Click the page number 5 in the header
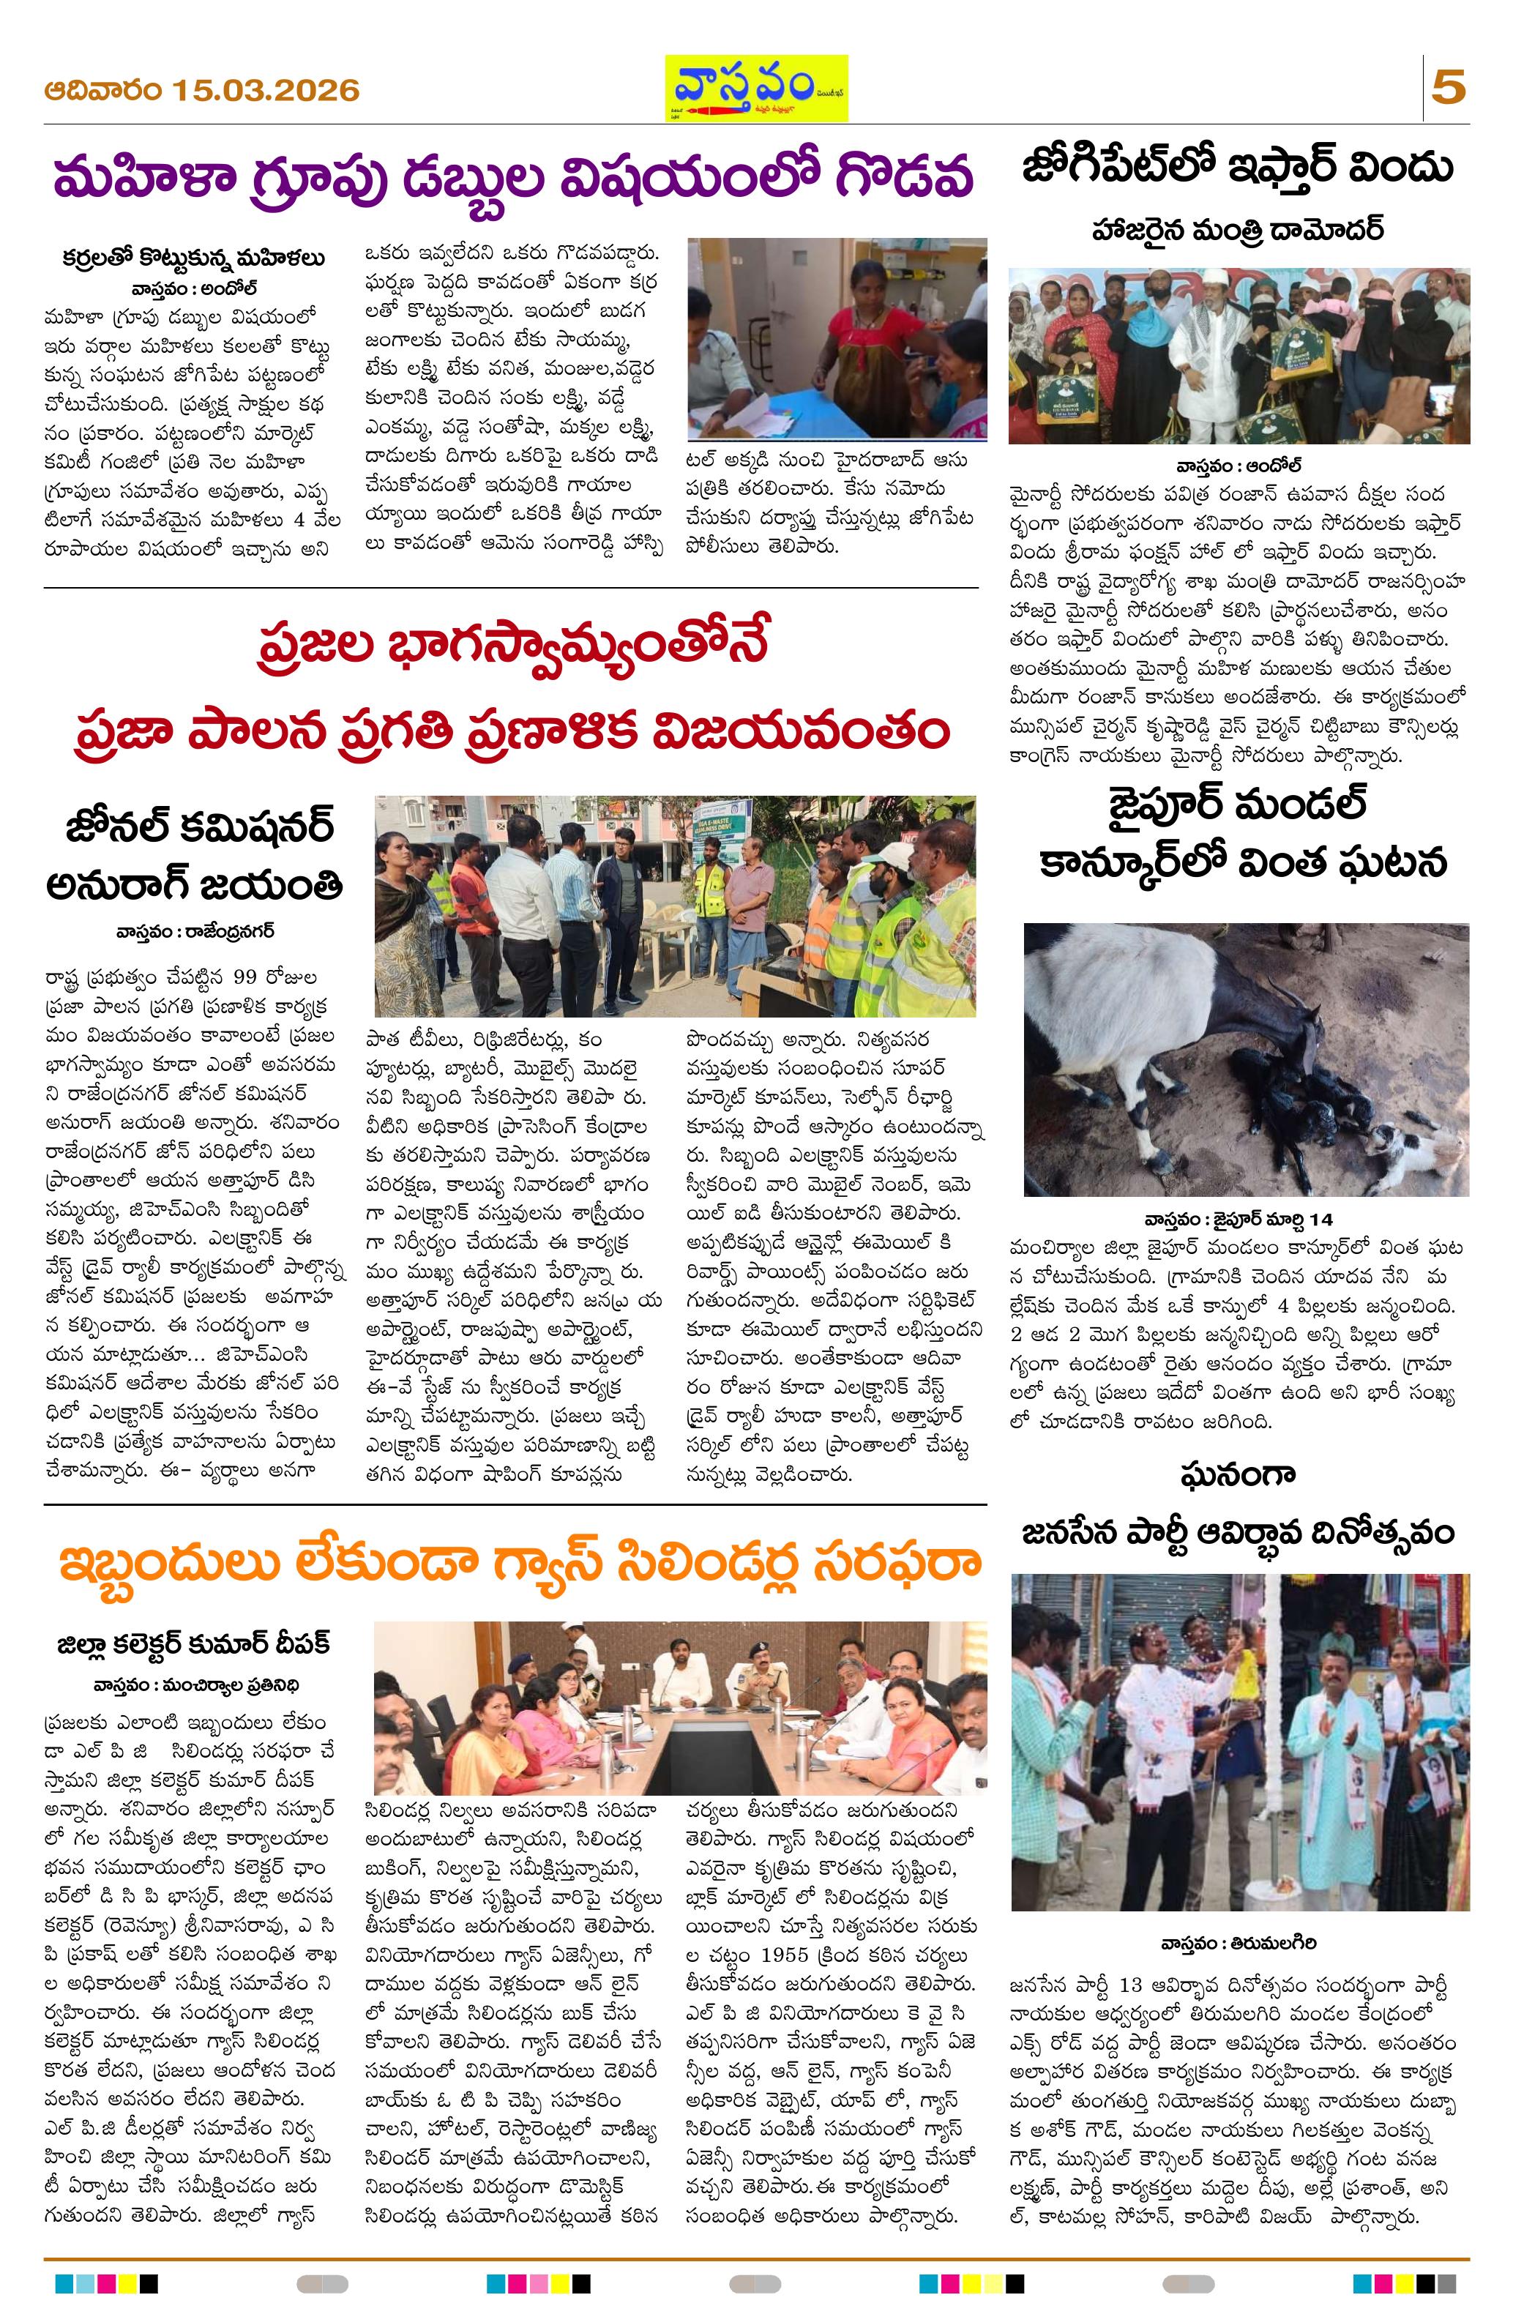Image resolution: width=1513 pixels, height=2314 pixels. (x=1448, y=89)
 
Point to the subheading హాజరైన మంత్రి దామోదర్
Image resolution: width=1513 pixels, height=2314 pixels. (x=1238, y=231)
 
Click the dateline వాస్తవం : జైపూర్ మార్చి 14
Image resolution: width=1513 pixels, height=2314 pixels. (x=1238, y=1218)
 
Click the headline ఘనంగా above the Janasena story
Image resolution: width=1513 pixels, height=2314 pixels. (x=1238, y=1475)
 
